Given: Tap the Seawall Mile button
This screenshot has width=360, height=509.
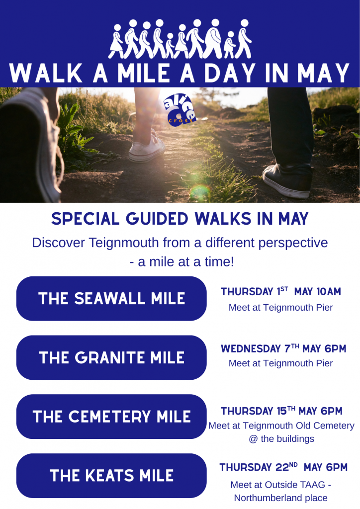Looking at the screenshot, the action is coord(111,298).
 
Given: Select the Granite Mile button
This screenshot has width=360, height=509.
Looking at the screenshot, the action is coord(111,357).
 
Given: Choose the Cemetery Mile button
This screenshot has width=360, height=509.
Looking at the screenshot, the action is coord(111,417).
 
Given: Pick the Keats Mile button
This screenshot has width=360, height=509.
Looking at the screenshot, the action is coord(111,476).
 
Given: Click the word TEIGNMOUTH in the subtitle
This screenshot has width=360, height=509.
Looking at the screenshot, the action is coord(123,243).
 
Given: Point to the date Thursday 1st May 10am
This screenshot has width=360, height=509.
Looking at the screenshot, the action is coord(281,291).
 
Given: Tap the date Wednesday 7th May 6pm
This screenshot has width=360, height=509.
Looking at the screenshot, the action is coord(283,348).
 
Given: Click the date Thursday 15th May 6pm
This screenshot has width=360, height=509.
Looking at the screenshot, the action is coord(281,411).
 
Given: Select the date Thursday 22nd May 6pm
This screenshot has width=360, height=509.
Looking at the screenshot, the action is coord(283,467).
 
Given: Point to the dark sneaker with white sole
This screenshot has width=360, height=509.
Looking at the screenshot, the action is coord(287,180).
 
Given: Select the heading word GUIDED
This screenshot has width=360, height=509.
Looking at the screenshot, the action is coord(157,219).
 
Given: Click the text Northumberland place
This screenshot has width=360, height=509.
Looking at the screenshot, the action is coord(281,498).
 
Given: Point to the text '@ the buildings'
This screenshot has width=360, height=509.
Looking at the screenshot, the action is coord(281,438).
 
